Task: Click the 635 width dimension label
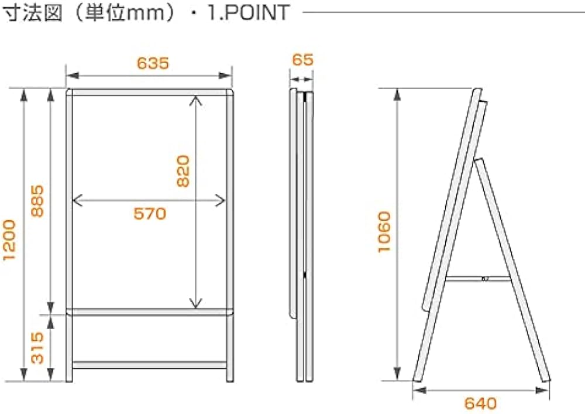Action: [153, 63]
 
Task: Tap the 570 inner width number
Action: [150, 214]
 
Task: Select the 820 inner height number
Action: [183, 171]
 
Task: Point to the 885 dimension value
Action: [37, 201]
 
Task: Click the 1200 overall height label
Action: [9, 240]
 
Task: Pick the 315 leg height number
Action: [37, 348]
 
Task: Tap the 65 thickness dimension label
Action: [302, 60]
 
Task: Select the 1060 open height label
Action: [384, 232]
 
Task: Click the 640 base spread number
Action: [480, 403]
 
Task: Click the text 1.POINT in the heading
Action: [248, 12]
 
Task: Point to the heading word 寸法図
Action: [32, 12]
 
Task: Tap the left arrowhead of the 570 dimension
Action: [77, 200]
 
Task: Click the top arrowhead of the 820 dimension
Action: [195, 100]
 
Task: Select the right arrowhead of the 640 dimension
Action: [543, 391]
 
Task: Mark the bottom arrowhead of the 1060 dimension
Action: [397, 374]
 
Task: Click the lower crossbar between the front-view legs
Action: [149, 365]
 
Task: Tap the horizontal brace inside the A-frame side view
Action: [479, 279]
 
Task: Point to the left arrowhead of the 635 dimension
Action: [73, 76]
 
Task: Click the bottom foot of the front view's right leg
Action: [230, 379]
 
